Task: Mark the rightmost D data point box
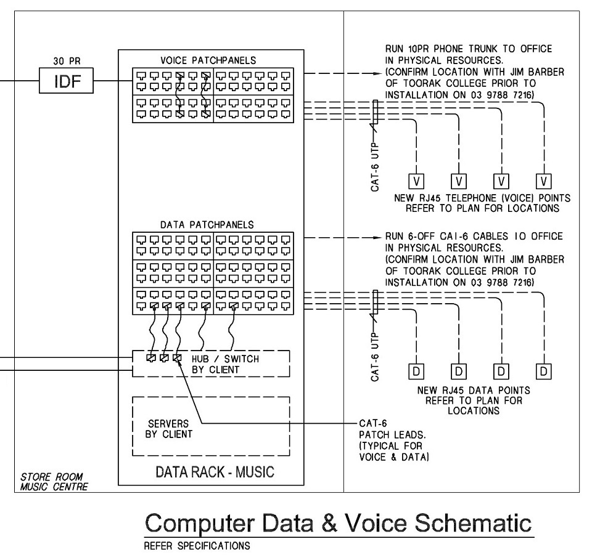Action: click(543, 371)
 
